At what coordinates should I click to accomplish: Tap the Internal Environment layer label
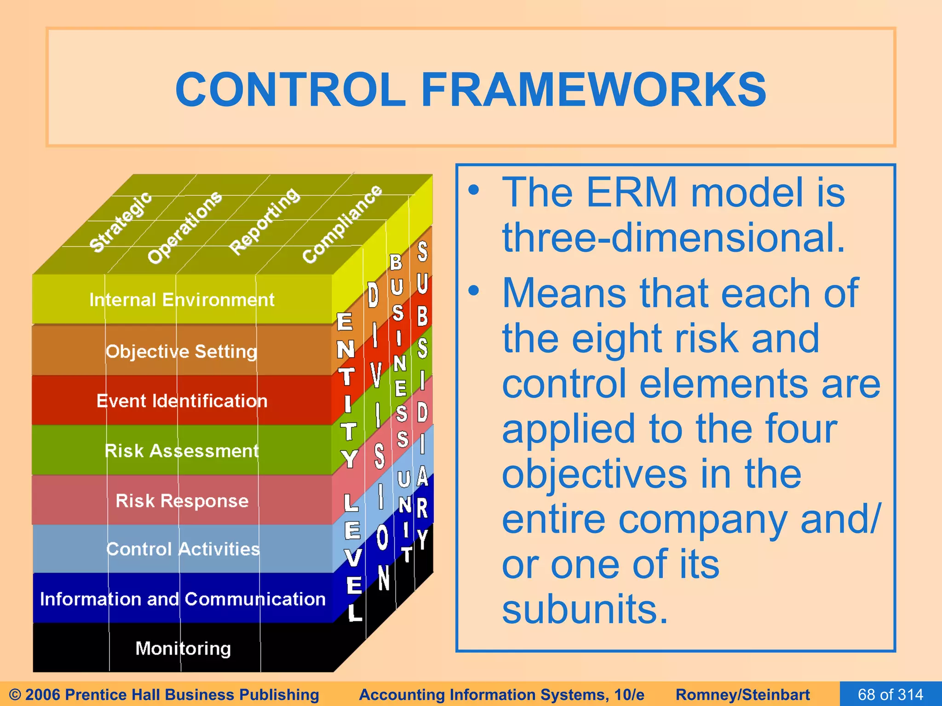click(182, 300)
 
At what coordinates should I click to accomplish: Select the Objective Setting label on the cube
click(181, 352)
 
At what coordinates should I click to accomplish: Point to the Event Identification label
click(182, 401)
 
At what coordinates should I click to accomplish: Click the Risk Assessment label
click(182, 451)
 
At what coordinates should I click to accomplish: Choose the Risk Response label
click(182, 501)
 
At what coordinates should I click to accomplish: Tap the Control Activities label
click(183, 549)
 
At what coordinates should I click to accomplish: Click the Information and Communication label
click(183, 599)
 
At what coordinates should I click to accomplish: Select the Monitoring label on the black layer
click(183, 649)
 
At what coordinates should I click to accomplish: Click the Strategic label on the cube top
click(121, 222)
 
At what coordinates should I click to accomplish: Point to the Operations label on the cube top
click(184, 227)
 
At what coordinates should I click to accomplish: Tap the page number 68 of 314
click(890, 694)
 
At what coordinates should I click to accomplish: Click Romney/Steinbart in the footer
click(742, 695)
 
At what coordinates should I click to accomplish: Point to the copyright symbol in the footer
click(15, 695)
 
